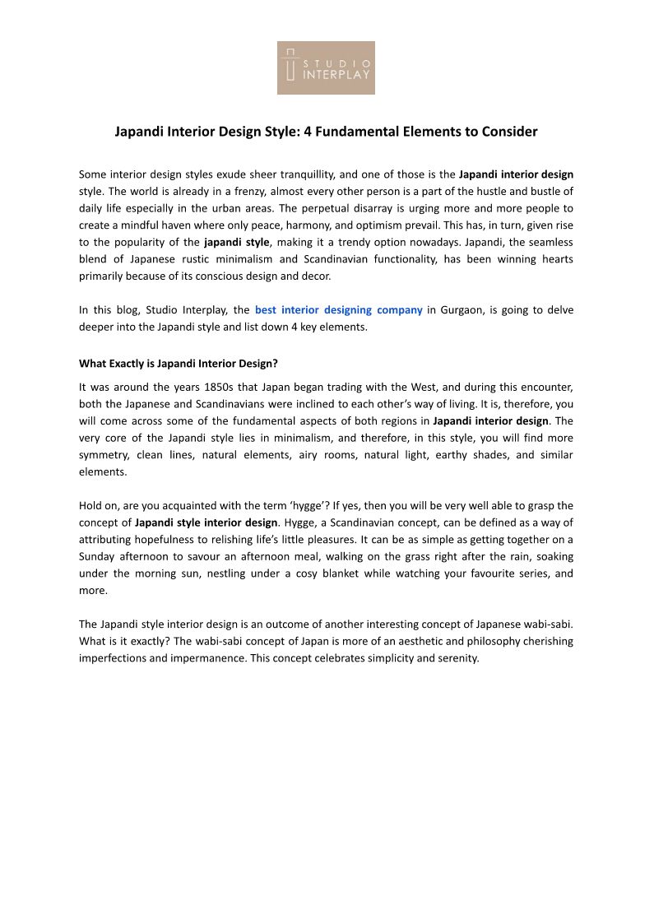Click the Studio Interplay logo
326,67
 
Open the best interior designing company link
339,310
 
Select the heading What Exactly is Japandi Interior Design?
179,363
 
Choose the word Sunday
98,556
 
